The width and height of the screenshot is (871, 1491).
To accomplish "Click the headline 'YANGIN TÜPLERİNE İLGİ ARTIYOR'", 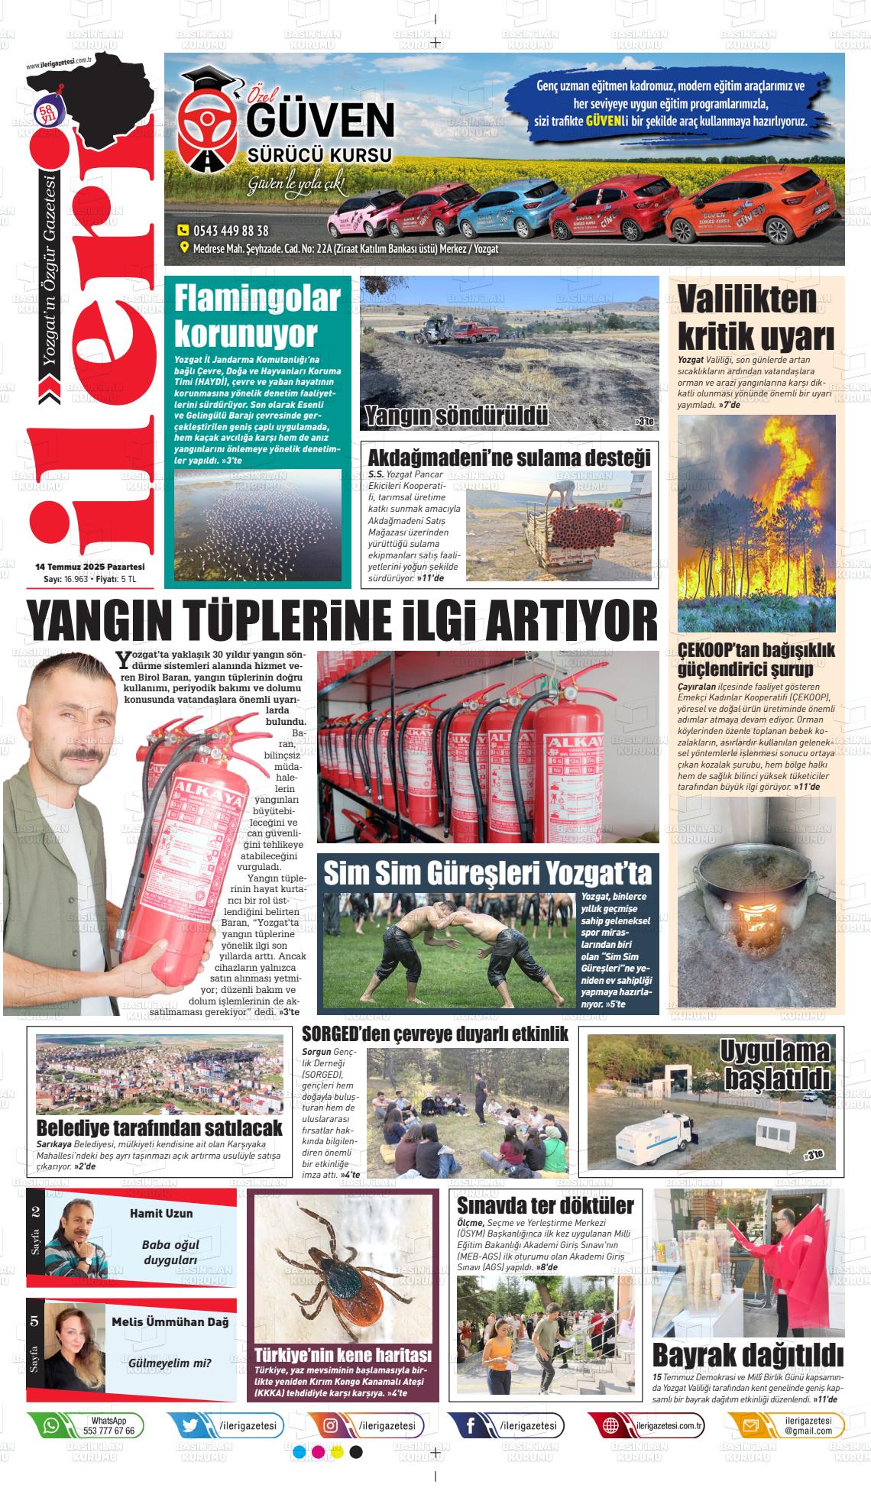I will click(342, 621).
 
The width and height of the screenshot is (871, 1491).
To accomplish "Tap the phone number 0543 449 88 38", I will click(230, 231).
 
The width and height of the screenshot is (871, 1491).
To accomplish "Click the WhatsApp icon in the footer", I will click(50, 1425).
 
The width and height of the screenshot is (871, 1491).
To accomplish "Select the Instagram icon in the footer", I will click(331, 1425).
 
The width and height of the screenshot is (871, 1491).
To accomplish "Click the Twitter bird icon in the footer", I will click(190, 1425).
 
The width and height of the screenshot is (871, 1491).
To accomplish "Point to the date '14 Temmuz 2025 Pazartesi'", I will click(90, 567).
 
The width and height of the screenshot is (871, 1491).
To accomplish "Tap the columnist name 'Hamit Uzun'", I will click(161, 1213).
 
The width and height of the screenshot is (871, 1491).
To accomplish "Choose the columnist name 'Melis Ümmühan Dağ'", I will click(170, 1322).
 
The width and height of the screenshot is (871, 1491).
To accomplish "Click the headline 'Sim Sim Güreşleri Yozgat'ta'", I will click(487, 872).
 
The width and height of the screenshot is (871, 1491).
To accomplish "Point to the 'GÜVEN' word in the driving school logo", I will click(320, 121).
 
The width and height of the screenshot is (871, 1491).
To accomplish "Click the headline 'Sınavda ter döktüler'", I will click(545, 1205).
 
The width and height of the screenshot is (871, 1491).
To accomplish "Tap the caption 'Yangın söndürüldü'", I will click(456, 416).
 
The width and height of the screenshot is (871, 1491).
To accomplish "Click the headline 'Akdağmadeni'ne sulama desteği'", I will click(509, 458).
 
